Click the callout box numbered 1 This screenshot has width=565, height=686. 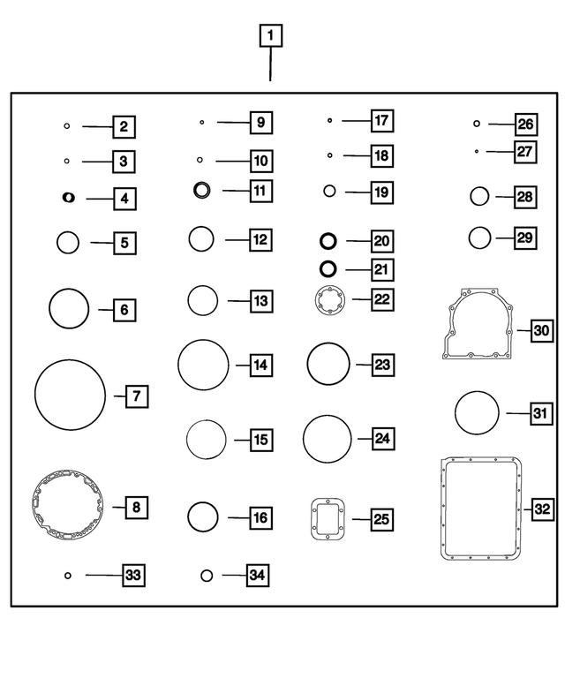pos(271,35)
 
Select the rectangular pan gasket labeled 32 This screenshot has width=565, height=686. pos(442,509)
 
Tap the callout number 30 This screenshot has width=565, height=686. pos(541,330)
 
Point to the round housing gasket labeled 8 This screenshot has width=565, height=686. pos(34,504)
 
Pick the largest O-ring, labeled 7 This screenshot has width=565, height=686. pos(35,395)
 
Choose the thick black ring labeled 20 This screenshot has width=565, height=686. pos(320,241)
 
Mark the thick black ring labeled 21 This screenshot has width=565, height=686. pos(320,268)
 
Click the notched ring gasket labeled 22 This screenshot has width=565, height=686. pos(318,300)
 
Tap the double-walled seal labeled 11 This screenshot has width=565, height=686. pos(195,190)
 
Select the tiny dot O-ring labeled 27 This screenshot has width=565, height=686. pos(477,151)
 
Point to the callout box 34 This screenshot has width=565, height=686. pos(258,575)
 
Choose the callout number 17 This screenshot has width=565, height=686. pos(381,121)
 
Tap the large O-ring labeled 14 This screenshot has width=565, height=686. pos(178,365)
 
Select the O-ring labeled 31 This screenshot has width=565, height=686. pos(456,412)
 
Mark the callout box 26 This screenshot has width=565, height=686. pos(525,124)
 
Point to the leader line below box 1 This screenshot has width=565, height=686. pos(270,64)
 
